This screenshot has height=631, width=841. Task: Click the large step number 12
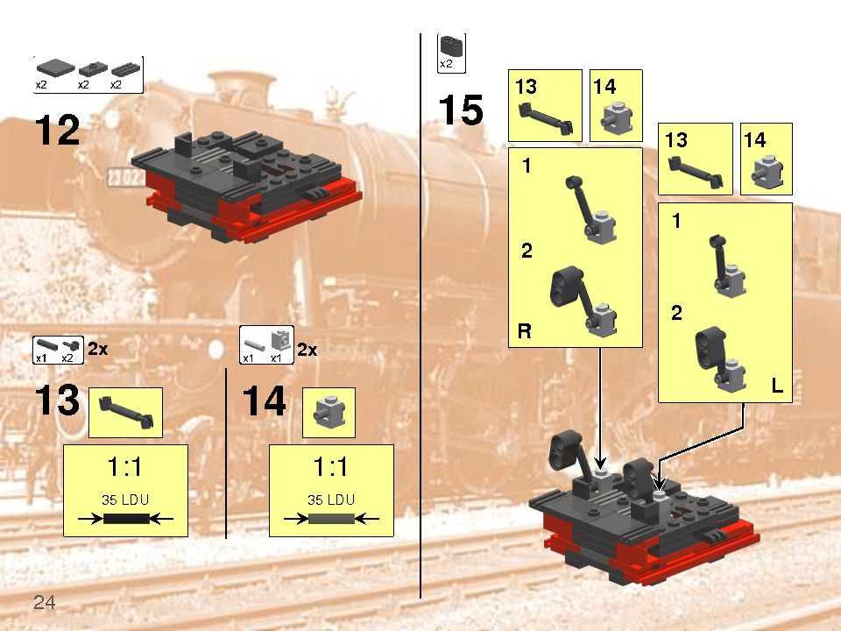click(x=57, y=131)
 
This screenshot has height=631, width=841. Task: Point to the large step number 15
click(x=460, y=111)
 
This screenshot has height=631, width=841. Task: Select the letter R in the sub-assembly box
click(x=525, y=331)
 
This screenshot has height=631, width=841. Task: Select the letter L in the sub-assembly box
click(x=777, y=385)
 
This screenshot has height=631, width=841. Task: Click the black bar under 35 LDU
click(x=127, y=519)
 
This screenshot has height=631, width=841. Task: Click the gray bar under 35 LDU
click(x=331, y=519)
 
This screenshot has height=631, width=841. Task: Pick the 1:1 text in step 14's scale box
click(x=331, y=466)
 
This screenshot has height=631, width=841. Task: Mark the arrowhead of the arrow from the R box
click(x=600, y=462)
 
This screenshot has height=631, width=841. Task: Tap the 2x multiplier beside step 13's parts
click(x=97, y=349)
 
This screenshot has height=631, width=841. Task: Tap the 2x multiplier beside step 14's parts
click(x=307, y=349)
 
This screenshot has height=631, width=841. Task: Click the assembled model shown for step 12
click(x=245, y=184)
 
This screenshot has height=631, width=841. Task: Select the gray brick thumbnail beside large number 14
click(x=329, y=412)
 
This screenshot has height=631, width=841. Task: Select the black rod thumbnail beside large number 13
click(x=125, y=412)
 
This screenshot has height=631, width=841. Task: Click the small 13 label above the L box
click(x=675, y=140)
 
